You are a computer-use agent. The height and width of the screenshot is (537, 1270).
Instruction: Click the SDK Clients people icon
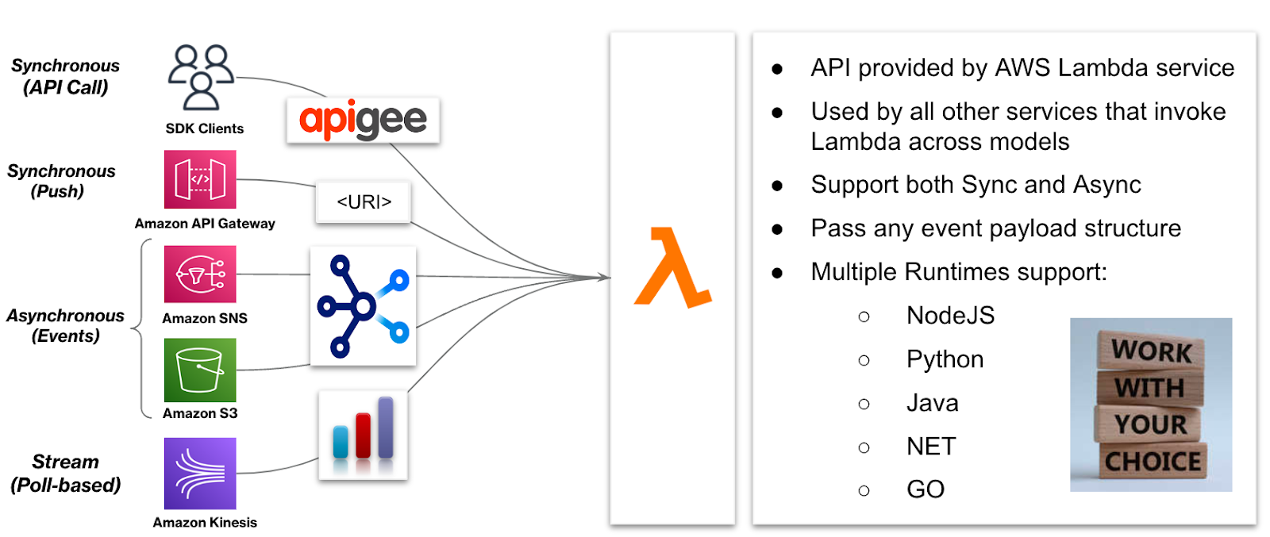pyautogui.click(x=200, y=77)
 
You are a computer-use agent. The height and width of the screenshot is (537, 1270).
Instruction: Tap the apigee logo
pyautogui.click(x=363, y=121)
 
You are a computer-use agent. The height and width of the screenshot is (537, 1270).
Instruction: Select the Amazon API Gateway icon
pyautogui.click(x=200, y=179)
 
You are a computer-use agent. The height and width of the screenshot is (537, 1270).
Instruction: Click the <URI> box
pyautogui.click(x=364, y=202)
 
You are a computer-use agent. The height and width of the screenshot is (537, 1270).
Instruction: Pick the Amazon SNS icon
pyautogui.click(x=200, y=274)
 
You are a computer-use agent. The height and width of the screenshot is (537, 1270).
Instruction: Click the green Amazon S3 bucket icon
pyautogui.click(x=200, y=370)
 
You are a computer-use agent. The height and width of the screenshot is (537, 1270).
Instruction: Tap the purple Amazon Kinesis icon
pyautogui.click(x=200, y=474)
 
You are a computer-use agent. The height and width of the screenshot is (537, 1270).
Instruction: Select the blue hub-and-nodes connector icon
pyautogui.click(x=363, y=305)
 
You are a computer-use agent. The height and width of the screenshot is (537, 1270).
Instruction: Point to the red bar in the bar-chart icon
pyautogui.click(x=363, y=435)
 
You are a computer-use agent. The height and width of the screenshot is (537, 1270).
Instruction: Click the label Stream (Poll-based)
pyautogui.click(x=65, y=474)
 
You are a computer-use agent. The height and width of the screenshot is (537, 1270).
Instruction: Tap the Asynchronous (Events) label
pyautogui.click(x=65, y=326)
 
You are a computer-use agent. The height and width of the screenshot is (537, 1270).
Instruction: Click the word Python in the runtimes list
pyautogui.click(x=945, y=360)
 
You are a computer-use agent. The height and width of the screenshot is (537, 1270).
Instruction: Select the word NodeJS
pyautogui.click(x=950, y=316)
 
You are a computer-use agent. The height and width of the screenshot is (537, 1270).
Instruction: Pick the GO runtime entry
pyautogui.click(x=926, y=489)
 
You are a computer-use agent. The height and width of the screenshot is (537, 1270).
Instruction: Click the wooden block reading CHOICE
pyautogui.click(x=1153, y=462)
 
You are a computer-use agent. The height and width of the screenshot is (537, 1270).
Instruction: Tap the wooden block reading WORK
pyautogui.click(x=1151, y=351)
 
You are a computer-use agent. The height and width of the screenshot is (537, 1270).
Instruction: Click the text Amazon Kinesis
pyautogui.click(x=205, y=523)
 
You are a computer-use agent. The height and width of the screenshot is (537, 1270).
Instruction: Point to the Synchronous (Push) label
pyautogui.click(x=61, y=181)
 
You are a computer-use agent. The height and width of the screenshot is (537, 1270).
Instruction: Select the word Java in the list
pyautogui.click(x=932, y=404)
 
